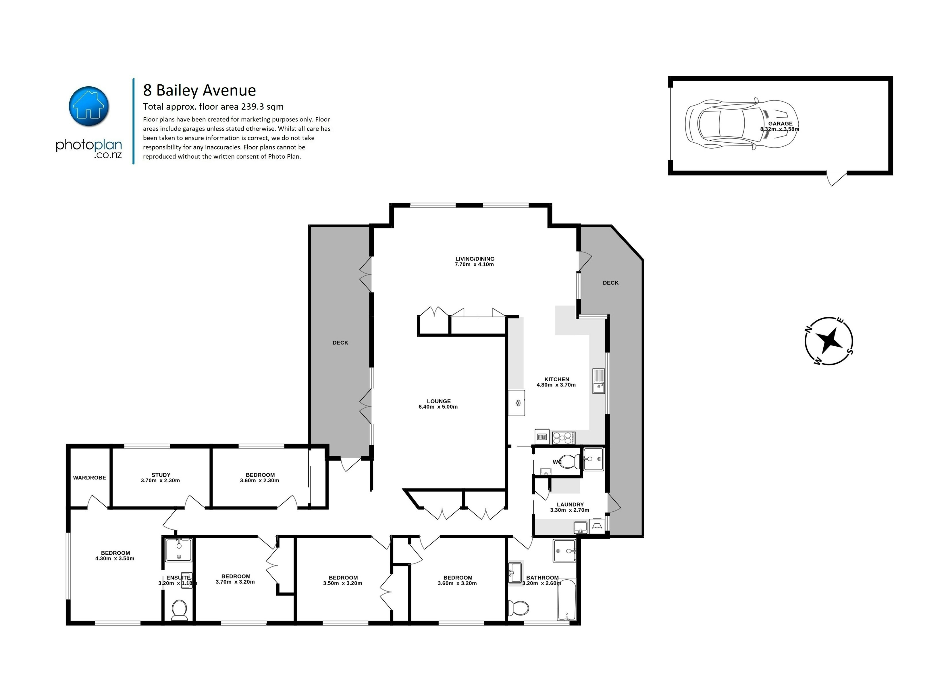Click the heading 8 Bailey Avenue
coord(200,90)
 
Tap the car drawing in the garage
coord(741,125)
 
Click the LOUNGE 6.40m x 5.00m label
coord(438,404)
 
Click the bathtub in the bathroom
coord(566,600)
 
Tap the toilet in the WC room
coord(570,461)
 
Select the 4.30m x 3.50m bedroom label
coord(115,556)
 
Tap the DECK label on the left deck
coord(340,343)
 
